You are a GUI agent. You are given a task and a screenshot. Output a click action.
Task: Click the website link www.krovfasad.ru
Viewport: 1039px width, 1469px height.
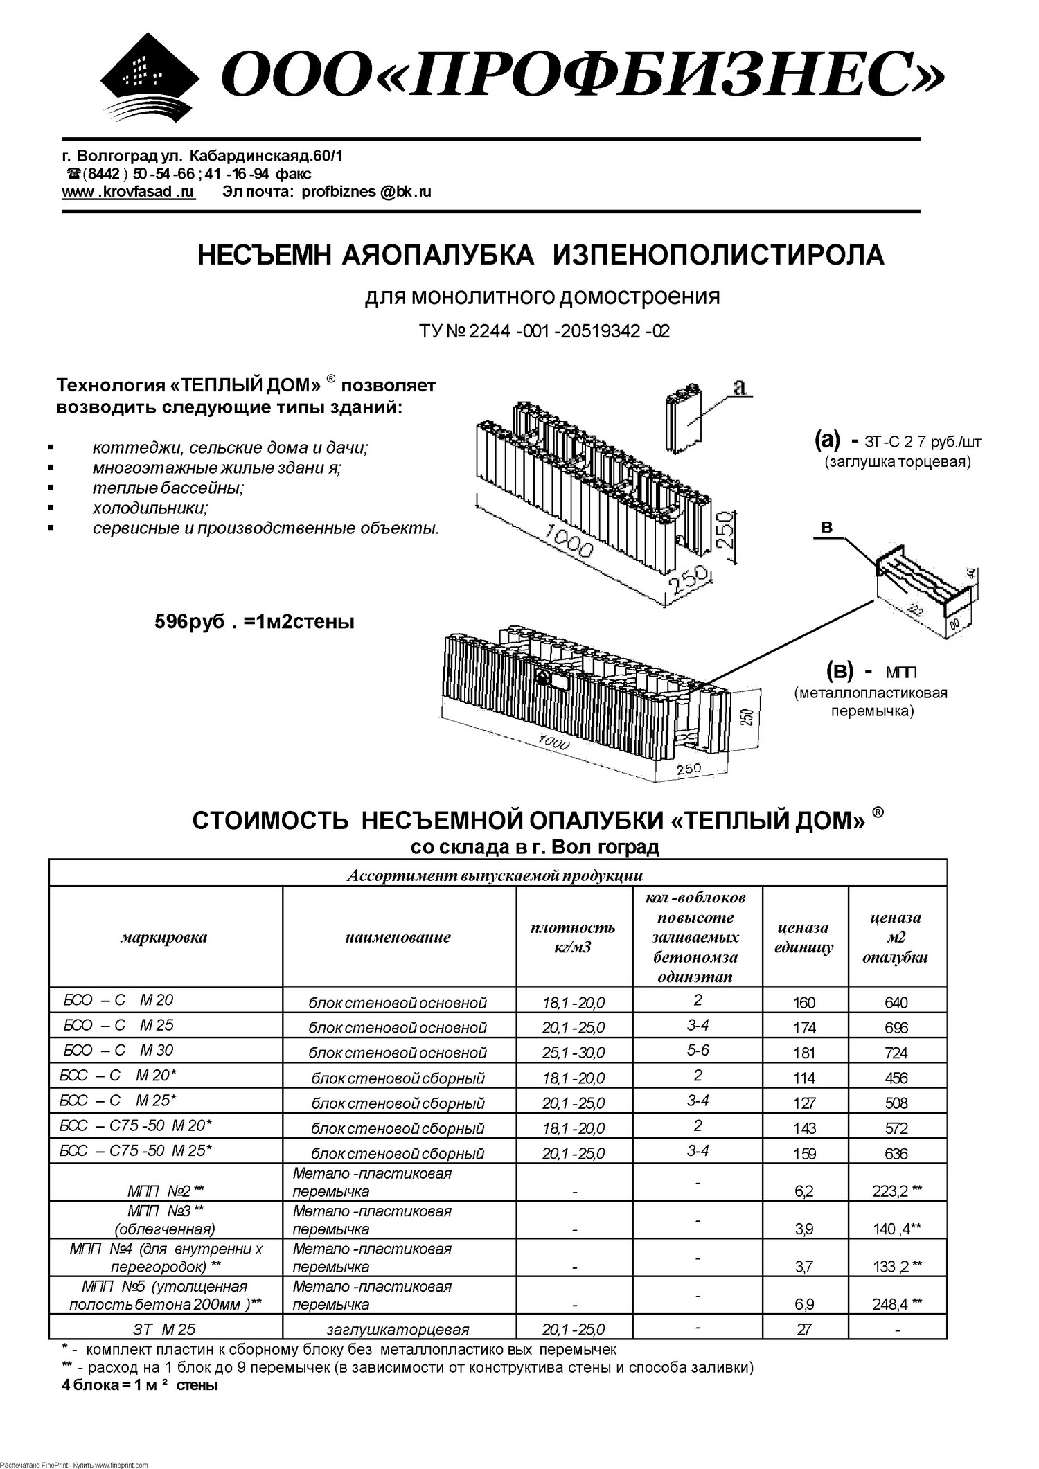click(x=128, y=192)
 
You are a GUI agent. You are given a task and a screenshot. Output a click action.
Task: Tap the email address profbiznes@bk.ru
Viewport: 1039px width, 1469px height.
click(x=366, y=192)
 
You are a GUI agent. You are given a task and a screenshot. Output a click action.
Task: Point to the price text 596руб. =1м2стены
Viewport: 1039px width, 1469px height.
click(x=254, y=622)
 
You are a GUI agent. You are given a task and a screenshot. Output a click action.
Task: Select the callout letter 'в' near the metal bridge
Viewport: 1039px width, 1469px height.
click(x=826, y=528)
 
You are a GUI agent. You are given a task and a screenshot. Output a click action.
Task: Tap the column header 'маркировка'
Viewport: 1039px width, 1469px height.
click(x=164, y=938)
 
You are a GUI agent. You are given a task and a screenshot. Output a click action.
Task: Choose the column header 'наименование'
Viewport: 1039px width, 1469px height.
click(x=398, y=938)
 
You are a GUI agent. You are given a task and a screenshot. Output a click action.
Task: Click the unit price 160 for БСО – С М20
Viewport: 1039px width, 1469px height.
click(x=804, y=1003)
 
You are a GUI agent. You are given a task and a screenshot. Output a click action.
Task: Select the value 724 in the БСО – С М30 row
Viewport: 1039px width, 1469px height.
click(x=896, y=1053)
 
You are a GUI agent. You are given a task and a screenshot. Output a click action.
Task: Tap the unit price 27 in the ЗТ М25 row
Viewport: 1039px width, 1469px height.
click(x=804, y=1329)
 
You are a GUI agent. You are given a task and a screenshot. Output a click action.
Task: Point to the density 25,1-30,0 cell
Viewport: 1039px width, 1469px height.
click(x=574, y=1053)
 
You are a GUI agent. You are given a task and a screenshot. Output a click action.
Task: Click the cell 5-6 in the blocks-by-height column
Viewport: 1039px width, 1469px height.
click(x=698, y=1051)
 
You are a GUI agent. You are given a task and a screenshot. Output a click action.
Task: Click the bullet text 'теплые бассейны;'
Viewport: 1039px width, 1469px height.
click(x=168, y=488)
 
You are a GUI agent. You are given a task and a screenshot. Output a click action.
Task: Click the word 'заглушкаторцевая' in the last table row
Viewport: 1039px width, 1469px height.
click(x=398, y=1330)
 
